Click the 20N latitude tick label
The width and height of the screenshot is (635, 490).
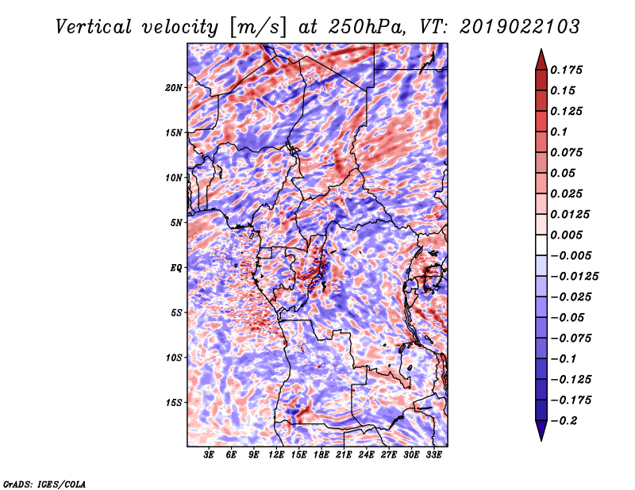[x=174, y=88]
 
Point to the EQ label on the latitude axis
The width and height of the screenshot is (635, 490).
[x=175, y=268]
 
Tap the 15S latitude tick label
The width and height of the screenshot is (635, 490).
[x=174, y=403]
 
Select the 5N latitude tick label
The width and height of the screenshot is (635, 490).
[x=176, y=223]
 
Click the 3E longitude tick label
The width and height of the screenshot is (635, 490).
[x=209, y=455]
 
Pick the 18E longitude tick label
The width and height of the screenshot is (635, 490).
[x=321, y=455]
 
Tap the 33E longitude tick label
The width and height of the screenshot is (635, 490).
[x=433, y=455]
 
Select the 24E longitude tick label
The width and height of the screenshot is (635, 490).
[x=366, y=455]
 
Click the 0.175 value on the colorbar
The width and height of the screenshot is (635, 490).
[x=566, y=70]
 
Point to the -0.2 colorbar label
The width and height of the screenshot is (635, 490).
[x=564, y=421]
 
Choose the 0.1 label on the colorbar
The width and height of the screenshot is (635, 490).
[x=559, y=132]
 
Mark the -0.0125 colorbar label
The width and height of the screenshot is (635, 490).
[x=574, y=277]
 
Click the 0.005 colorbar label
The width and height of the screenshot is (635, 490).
[x=566, y=235]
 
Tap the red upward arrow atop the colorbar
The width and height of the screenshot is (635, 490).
[x=541, y=59]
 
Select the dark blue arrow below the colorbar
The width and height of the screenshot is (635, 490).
[x=541, y=431]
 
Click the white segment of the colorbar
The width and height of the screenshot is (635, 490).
[x=541, y=245]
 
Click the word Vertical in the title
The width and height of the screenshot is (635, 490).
[x=94, y=27]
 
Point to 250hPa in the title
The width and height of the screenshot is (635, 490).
[x=366, y=27]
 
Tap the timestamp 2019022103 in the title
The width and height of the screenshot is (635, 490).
[x=520, y=27]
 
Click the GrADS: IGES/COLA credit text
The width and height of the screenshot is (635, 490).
[x=44, y=484]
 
